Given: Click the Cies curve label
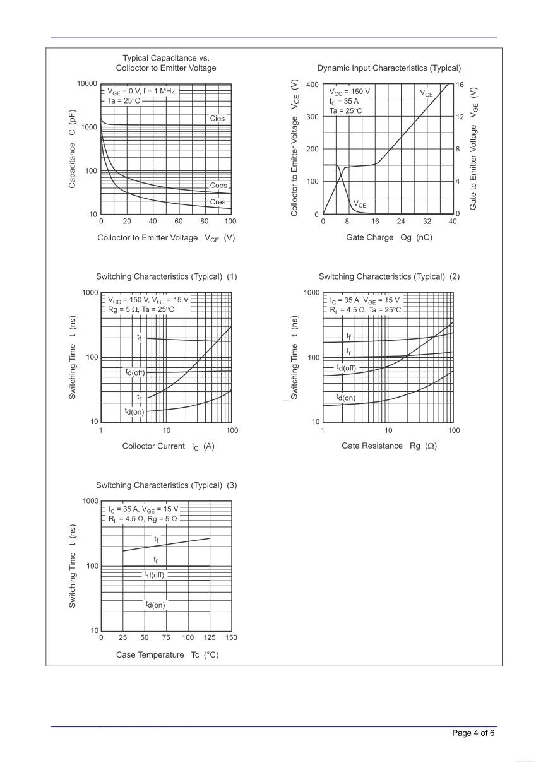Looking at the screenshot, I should [x=217, y=119].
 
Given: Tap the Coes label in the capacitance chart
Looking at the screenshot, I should [x=218, y=186].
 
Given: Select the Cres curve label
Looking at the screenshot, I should [x=217, y=202].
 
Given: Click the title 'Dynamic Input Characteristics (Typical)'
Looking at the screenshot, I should [x=388, y=68].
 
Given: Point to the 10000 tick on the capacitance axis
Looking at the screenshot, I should [x=86, y=84].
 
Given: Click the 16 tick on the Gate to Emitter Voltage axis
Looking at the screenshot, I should [x=460, y=85].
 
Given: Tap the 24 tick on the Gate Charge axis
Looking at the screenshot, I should [x=401, y=222].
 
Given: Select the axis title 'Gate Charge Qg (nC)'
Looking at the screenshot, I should [x=389, y=237].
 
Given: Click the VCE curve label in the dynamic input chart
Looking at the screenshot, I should [x=359, y=204].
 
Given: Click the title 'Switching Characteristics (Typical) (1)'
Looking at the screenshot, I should [x=166, y=276].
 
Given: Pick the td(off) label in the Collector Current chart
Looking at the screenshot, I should [x=135, y=372].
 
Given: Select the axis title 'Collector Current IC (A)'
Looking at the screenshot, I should [x=168, y=446].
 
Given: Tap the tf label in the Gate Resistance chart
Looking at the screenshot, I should [x=348, y=336].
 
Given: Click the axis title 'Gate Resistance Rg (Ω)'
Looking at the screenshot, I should [x=389, y=446].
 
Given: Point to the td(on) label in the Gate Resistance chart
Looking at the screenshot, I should [x=345, y=398].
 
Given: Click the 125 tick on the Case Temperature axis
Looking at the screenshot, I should [x=210, y=638].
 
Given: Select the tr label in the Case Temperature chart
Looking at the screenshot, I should [x=155, y=560].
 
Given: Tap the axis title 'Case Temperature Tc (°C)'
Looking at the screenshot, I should [x=167, y=654].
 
